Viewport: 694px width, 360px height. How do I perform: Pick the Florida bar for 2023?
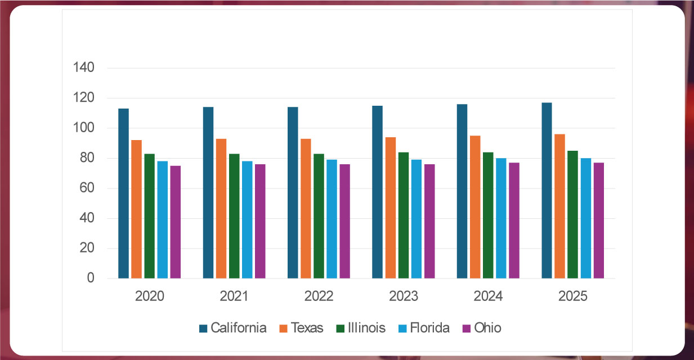point(416,219)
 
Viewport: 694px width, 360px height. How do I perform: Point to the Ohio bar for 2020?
point(175,222)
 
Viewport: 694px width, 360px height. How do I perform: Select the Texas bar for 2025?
point(559,206)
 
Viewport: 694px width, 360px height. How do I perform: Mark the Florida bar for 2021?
point(247,220)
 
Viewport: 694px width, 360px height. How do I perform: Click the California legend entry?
point(232,328)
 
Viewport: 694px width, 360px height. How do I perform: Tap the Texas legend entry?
point(301,328)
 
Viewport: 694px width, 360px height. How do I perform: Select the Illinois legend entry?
point(360,328)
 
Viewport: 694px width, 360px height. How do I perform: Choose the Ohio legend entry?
point(482,328)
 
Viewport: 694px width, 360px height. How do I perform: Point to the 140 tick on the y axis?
point(84,68)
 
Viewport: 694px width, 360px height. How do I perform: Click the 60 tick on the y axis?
point(87,188)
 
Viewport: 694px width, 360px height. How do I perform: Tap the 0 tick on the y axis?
point(91,278)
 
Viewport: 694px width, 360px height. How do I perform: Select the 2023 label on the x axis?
point(404,296)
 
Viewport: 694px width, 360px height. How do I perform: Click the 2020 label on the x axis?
point(150,296)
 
